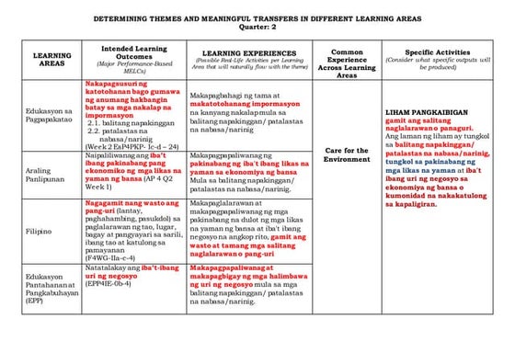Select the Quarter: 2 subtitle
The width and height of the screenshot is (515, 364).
257,28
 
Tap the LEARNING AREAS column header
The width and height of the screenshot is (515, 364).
51,60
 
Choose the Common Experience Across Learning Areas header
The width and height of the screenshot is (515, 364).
347,60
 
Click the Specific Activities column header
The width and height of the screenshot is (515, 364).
438,53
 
